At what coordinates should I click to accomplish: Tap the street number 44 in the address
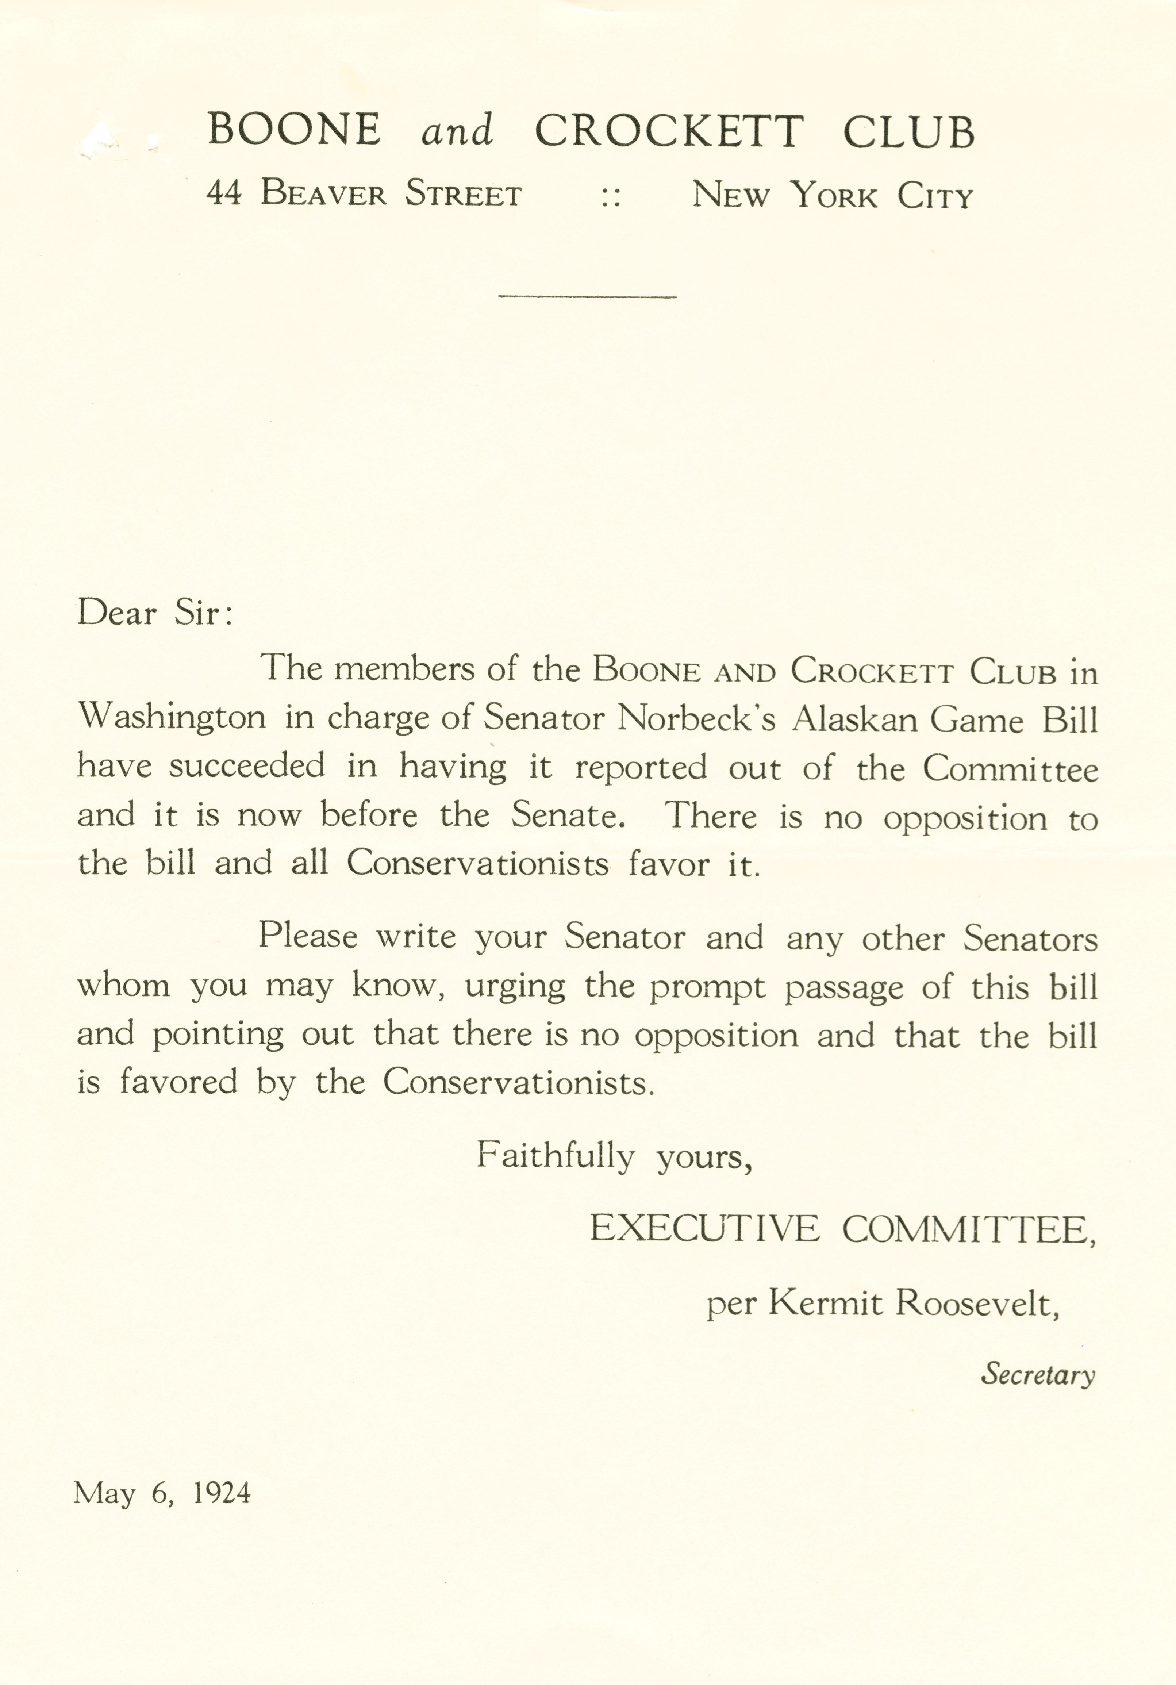224,193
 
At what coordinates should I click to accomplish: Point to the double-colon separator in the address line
610,197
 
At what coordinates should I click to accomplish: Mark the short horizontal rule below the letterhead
587,296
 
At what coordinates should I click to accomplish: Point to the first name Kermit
825,1303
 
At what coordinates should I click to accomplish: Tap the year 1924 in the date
222,1493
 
